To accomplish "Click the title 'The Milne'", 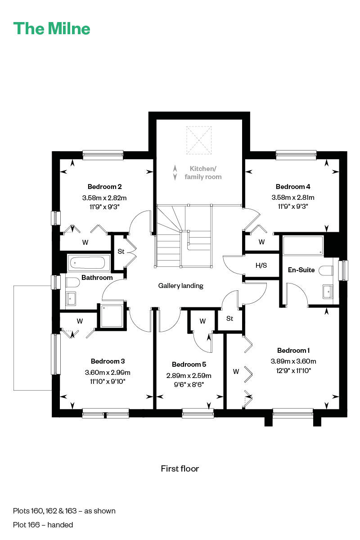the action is click(x=52, y=28).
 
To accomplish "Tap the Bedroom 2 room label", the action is click(x=105, y=187).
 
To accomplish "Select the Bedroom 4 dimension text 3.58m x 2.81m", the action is click(x=293, y=198).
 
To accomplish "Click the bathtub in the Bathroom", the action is click(x=87, y=263).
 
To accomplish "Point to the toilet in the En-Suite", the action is click(x=326, y=270).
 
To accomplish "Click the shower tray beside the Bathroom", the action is click(x=112, y=316).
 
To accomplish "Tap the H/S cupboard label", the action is click(x=261, y=265).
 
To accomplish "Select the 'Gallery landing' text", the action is click(x=180, y=286).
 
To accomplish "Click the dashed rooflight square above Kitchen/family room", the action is click(x=199, y=140).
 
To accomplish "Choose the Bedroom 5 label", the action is click(x=189, y=364).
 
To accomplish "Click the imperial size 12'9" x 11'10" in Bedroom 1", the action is click(x=293, y=370).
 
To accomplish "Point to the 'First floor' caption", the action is click(x=180, y=468).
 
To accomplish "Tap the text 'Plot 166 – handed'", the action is click(x=43, y=525).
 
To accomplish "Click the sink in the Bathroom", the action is click(x=71, y=299).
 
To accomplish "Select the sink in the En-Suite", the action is click(x=328, y=292).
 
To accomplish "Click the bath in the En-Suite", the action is click(x=303, y=246).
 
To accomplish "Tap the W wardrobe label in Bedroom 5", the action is click(x=202, y=321).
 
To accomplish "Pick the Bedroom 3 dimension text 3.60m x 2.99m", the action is click(x=108, y=373).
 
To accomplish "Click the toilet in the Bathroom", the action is click(x=72, y=282).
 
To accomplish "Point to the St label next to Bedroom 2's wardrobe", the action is click(x=121, y=252).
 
